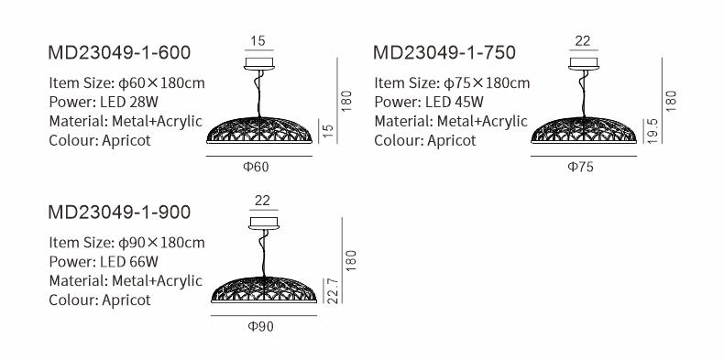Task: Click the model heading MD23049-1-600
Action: click(119, 52)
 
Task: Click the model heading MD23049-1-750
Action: click(444, 52)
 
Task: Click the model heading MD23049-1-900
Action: click(119, 213)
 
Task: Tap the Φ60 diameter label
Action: click(256, 167)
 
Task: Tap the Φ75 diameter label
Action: click(580, 167)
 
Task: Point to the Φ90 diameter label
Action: click(260, 327)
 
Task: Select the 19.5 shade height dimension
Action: click(652, 131)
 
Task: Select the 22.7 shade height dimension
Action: click(333, 290)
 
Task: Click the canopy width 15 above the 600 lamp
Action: click(258, 41)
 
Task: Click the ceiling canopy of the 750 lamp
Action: click(584, 64)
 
